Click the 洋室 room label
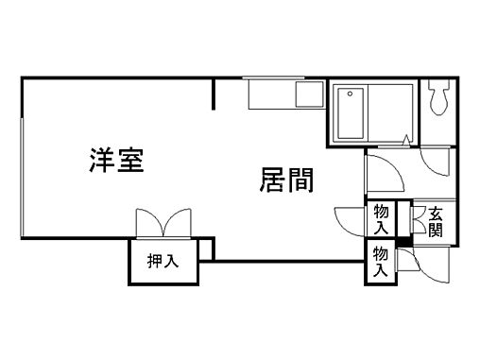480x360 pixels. (117, 160)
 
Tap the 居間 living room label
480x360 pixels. (286, 180)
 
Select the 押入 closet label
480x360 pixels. (163, 262)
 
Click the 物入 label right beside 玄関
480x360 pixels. (381, 219)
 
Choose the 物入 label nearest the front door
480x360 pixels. (380, 262)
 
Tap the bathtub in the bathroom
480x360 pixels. (373, 112)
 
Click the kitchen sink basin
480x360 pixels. (308, 94)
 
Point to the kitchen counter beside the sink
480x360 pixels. (271, 94)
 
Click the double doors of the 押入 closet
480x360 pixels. (163, 225)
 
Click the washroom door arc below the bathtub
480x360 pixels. (386, 171)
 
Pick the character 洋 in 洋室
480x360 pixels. (102, 160)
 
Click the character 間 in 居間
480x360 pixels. (300, 180)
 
